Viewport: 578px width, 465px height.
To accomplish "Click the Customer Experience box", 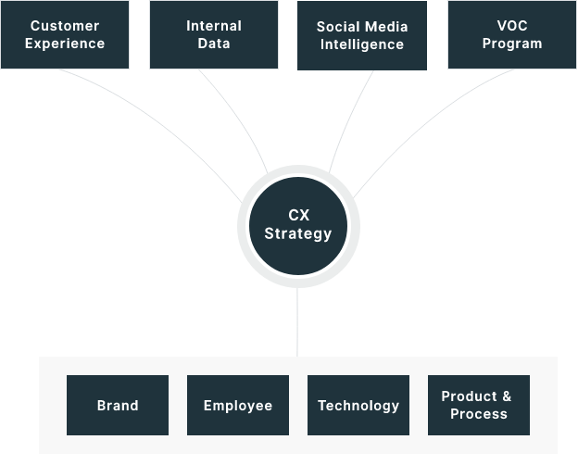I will [65, 34].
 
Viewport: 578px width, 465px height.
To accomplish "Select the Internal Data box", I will [214, 34].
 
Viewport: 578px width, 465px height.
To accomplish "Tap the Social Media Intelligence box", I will [361, 35].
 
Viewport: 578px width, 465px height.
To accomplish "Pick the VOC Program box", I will [512, 34].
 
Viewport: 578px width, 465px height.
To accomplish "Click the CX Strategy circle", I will [298, 226].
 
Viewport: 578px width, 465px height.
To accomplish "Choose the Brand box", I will [118, 406].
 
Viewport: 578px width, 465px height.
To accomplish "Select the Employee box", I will [238, 406].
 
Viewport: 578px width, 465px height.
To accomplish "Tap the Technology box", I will [358, 406].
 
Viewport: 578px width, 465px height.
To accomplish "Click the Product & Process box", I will [479, 406].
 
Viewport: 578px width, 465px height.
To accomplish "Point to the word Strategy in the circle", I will [298, 234].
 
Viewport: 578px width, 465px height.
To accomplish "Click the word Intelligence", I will [361, 44].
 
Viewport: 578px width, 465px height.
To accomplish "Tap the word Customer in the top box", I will [65, 26].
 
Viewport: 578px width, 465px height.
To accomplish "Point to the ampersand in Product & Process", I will [507, 396].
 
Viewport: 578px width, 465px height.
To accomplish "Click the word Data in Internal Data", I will [214, 44].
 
